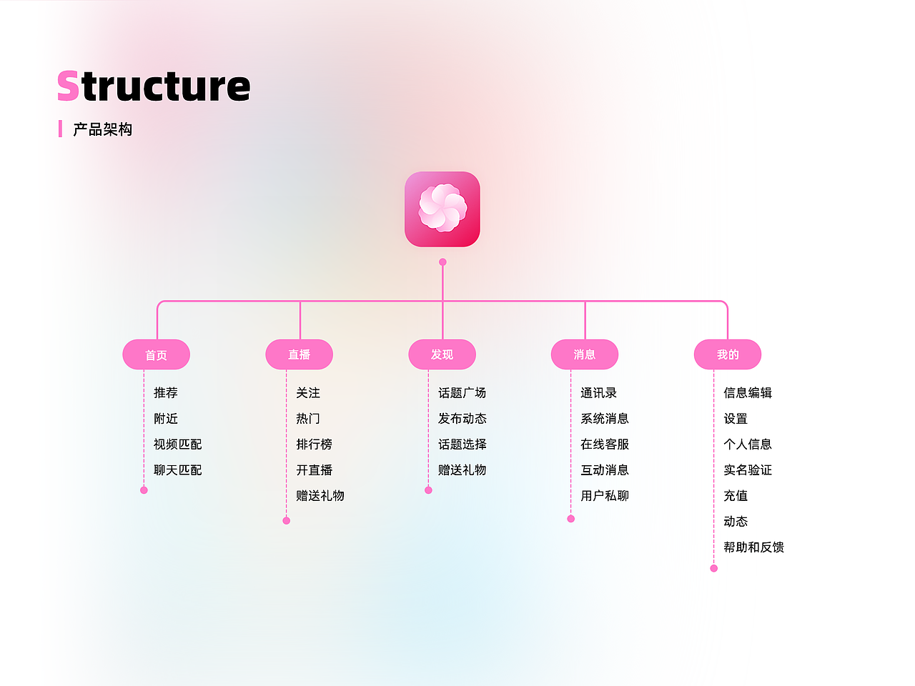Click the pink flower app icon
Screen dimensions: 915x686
tap(442, 209)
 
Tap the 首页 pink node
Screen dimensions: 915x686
tap(157, 354)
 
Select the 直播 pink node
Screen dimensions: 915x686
tap(299, 354)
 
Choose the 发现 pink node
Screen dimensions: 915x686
tap(442, 354)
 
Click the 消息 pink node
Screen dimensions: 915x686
tap(585, 354)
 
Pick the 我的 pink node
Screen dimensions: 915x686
tap(728, 354)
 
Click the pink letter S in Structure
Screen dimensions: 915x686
tap(68, 86)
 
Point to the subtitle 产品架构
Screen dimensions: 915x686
tap(102, 129)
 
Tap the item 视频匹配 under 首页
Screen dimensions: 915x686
tap(177, 444)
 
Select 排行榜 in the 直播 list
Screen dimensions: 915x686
tap(314, 444)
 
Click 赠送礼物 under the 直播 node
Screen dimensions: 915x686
tap(320, 496)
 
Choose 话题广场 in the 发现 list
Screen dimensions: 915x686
tap(462, 393)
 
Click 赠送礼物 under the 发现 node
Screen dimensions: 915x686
tap(462, 470)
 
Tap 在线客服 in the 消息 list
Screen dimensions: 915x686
tap(605, 444)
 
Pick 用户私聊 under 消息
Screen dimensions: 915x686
tap(605, 496)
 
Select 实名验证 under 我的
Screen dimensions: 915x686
tap(748, 470)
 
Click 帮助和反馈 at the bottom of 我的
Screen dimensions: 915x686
tap(753, 547)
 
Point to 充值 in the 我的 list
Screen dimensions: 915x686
tap(736, 496)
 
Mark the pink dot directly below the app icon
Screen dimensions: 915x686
tap(442, 262)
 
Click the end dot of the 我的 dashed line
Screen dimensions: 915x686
tap(713, 568)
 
